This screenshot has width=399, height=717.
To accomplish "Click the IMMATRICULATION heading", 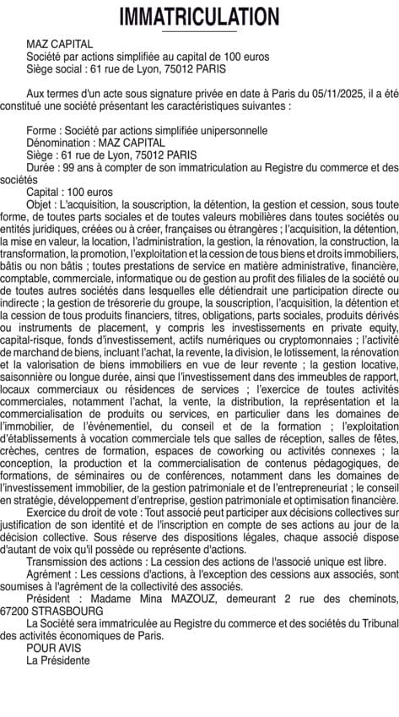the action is (199, 16).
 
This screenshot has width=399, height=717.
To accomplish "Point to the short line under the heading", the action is (199, 31).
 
